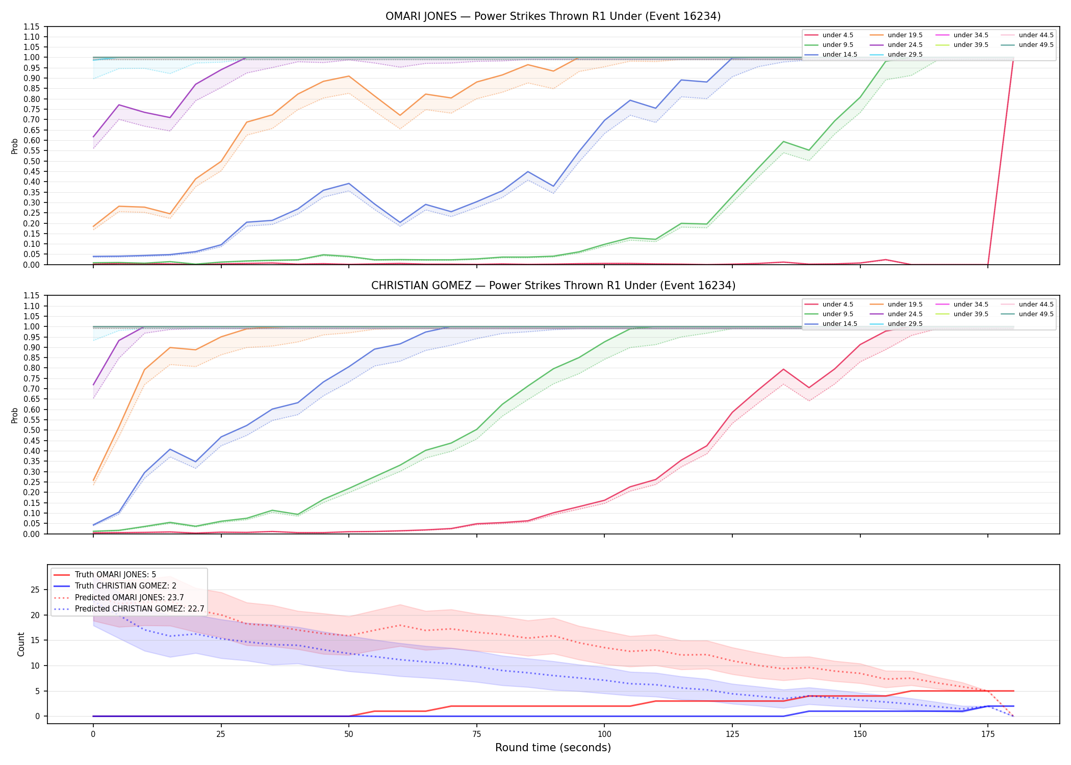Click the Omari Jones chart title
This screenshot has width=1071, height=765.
553,16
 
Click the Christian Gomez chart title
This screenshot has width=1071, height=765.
553,286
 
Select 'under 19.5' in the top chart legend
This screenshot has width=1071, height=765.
905,35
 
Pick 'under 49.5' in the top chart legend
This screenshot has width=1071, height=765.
1036,45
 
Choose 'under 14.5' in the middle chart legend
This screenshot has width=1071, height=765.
839,324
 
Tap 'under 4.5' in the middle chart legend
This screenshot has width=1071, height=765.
837,304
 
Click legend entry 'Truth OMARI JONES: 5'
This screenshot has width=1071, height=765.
115,575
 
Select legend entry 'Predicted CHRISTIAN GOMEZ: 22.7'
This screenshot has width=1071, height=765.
139,609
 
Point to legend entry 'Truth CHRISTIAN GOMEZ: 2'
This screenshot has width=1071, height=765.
125,586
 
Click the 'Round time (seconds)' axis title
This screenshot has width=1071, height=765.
553,748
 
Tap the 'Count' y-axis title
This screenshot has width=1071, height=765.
21,644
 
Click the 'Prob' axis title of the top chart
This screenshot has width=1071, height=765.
15,146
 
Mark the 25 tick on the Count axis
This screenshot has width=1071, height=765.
35,590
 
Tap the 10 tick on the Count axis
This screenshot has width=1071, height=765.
35,666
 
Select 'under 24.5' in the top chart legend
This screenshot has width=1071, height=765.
905,45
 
